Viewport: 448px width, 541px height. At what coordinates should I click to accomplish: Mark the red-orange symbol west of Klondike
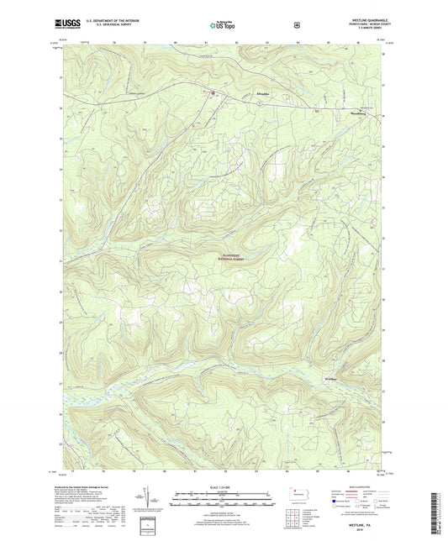[x=213, y=92]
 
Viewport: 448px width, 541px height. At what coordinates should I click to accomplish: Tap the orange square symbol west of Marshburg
[x=316, y=108]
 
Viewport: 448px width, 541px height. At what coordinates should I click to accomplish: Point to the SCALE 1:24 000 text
[x=223, y=487]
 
